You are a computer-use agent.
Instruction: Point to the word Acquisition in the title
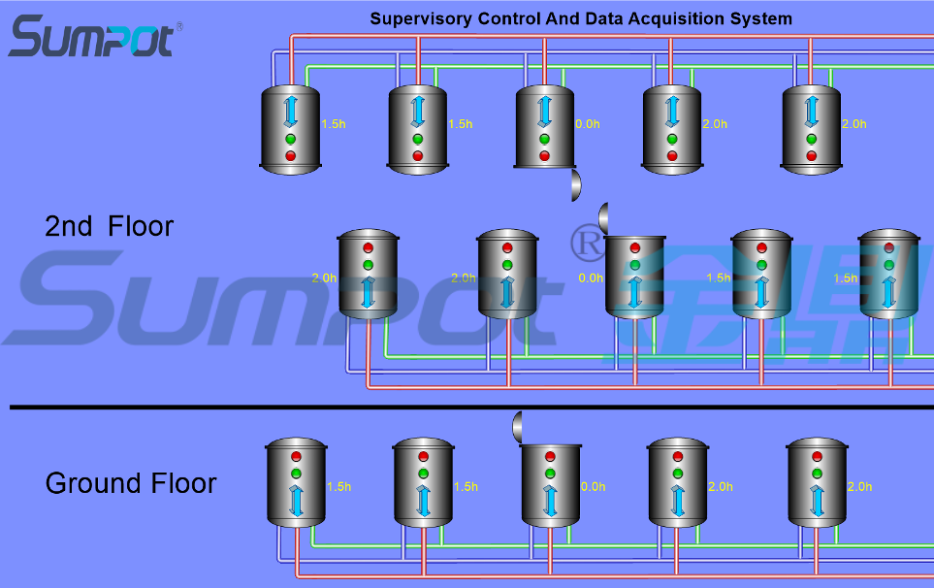point(672,18)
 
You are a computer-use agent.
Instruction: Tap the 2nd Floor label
point(110,227)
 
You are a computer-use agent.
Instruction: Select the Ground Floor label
point(131,483)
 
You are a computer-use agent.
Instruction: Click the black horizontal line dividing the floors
point(466,408)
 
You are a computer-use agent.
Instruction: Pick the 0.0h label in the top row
point(588,124)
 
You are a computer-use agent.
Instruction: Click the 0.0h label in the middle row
point(591,278)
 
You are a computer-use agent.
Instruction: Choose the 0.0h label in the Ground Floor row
point(593,487)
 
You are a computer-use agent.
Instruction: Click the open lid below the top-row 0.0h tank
point(575,182)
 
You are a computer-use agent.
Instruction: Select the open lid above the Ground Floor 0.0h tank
point(518,425)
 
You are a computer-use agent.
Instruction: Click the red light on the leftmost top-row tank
point(290,155)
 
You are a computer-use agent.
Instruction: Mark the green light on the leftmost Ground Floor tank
point(297,474)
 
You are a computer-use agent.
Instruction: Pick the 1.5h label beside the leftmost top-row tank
point(334,124)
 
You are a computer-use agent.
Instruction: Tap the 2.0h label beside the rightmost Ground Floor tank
point(860,487)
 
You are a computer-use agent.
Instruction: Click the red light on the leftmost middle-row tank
point(368,246)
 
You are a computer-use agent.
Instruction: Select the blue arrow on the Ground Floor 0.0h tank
point(551,500)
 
